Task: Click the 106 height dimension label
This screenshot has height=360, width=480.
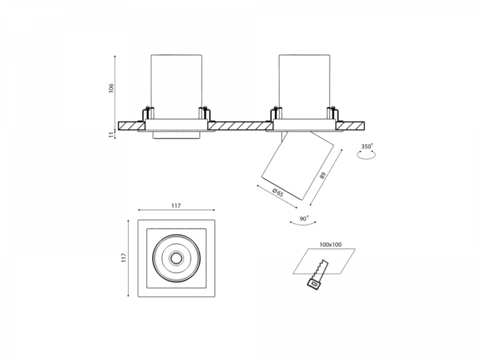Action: pos(111,88)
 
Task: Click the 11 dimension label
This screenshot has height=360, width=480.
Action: pos(111,135)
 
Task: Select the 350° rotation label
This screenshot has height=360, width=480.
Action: pos(367,146)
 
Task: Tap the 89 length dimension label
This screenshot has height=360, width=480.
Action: pos(322,175)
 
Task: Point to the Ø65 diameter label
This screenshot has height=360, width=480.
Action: pos(278,193)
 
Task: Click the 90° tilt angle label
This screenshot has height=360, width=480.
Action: pos(305,218)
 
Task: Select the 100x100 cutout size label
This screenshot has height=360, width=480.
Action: pos(331,245)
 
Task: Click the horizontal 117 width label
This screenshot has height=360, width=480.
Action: pos(176,206)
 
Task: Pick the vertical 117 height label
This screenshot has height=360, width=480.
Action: pos(124,258)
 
